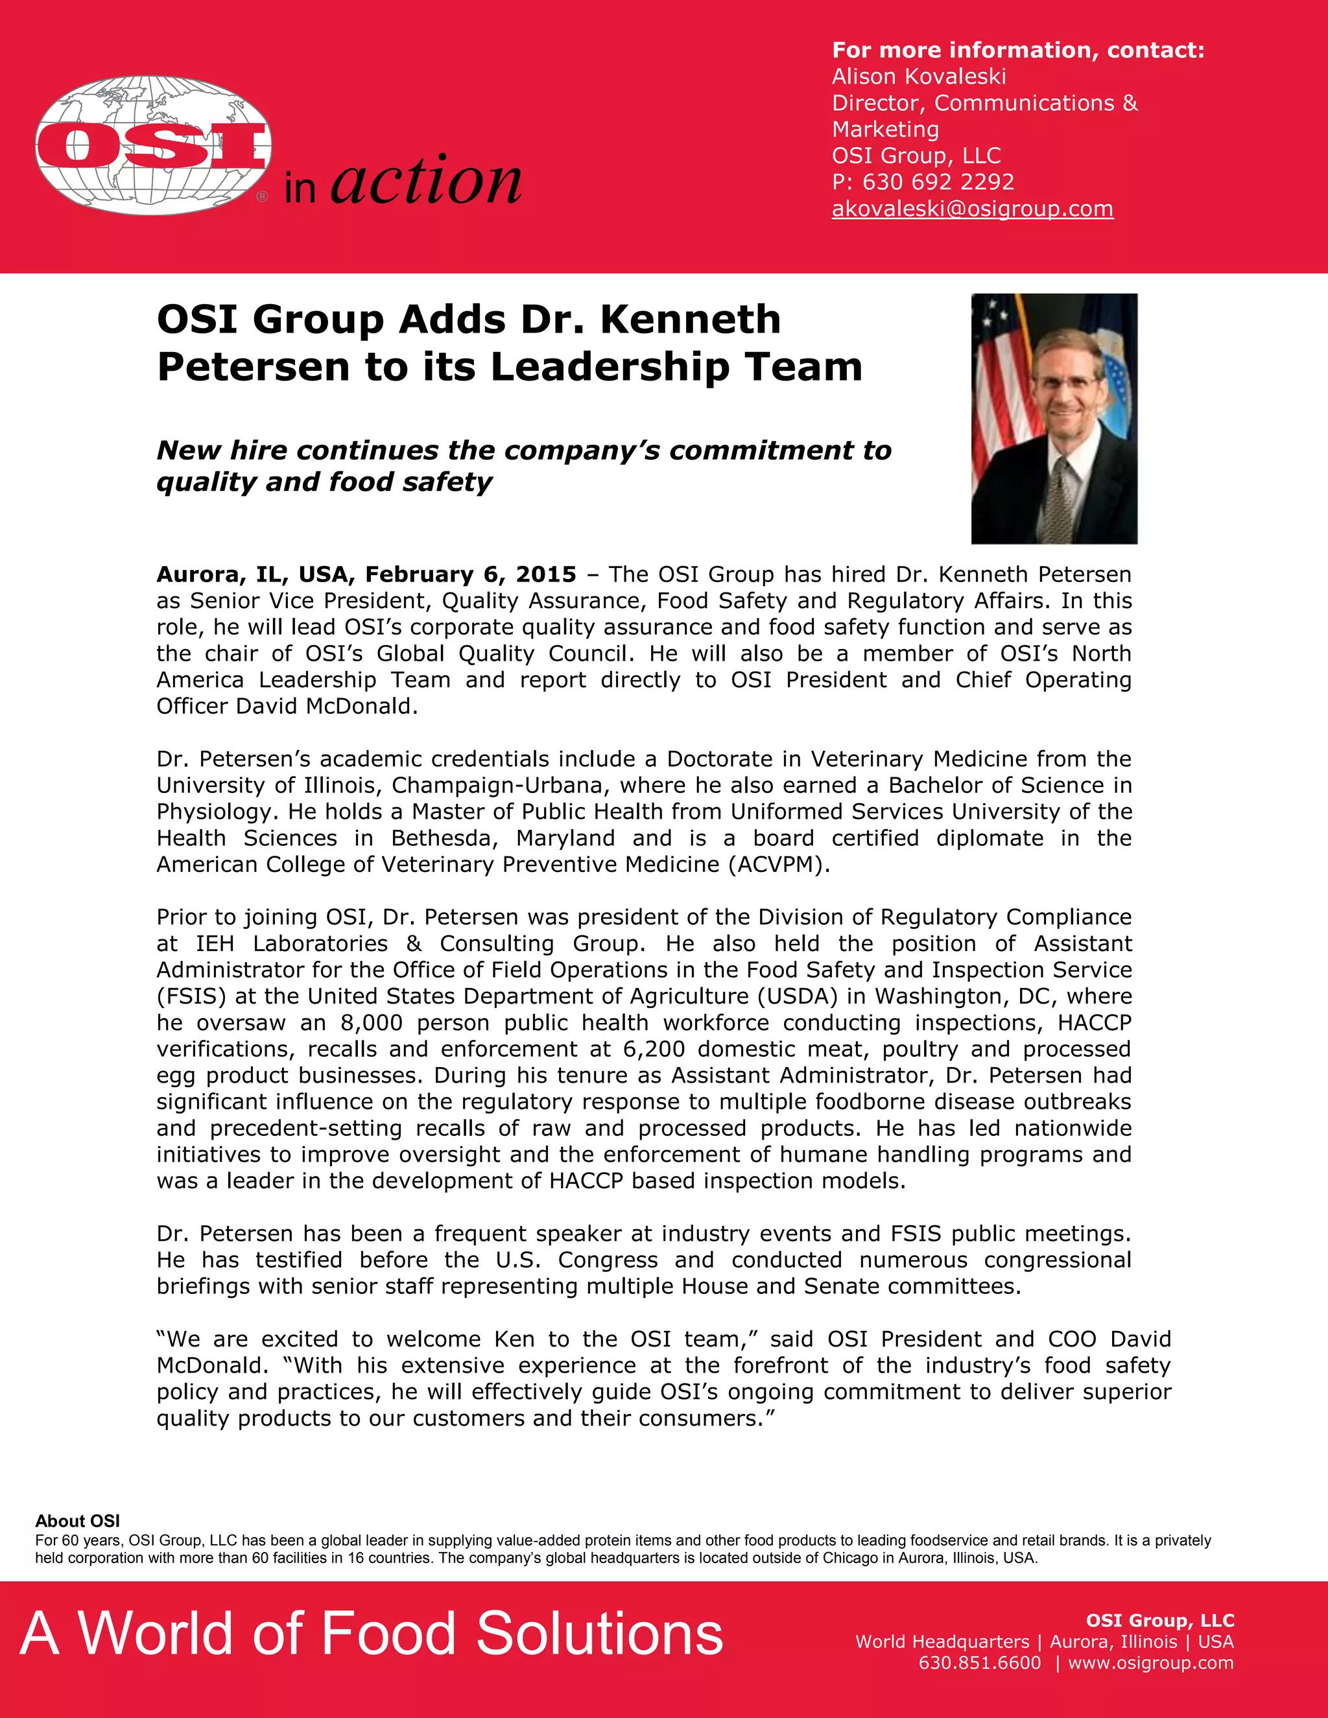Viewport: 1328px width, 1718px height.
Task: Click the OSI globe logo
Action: [x=154, y=145]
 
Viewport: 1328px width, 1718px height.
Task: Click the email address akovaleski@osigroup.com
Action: [x=973, y=209]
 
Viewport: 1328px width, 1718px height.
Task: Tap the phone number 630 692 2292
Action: [x=938, y=182]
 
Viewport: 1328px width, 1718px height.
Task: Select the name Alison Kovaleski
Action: [x=919, y=76]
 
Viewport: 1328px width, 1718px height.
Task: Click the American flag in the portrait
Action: [x=999, y=386]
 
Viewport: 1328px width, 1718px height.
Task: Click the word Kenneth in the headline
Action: [x=690, y=320]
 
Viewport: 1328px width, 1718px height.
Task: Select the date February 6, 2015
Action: [x=471, y=574]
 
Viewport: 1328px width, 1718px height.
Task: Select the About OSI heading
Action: [x=77, y=1520]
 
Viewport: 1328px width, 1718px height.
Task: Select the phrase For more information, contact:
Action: [x=1018, y=51]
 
